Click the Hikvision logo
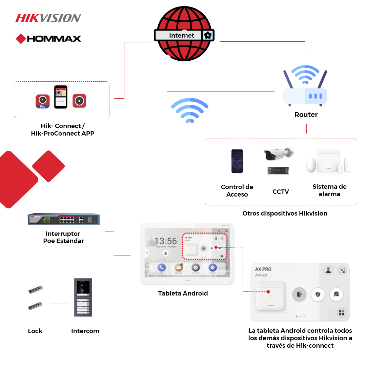48,18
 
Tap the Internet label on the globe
181,35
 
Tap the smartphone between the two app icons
61,97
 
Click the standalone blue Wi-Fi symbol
189,110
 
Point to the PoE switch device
64,219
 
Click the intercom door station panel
83,297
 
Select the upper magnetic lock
35,290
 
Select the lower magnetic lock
35,306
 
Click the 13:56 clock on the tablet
165,241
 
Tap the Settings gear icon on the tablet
212,267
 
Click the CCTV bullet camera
278,155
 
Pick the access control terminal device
237,161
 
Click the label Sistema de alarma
329,190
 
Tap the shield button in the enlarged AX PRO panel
318,294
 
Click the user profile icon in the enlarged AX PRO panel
328,270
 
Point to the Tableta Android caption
183,293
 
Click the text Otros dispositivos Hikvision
285,213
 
